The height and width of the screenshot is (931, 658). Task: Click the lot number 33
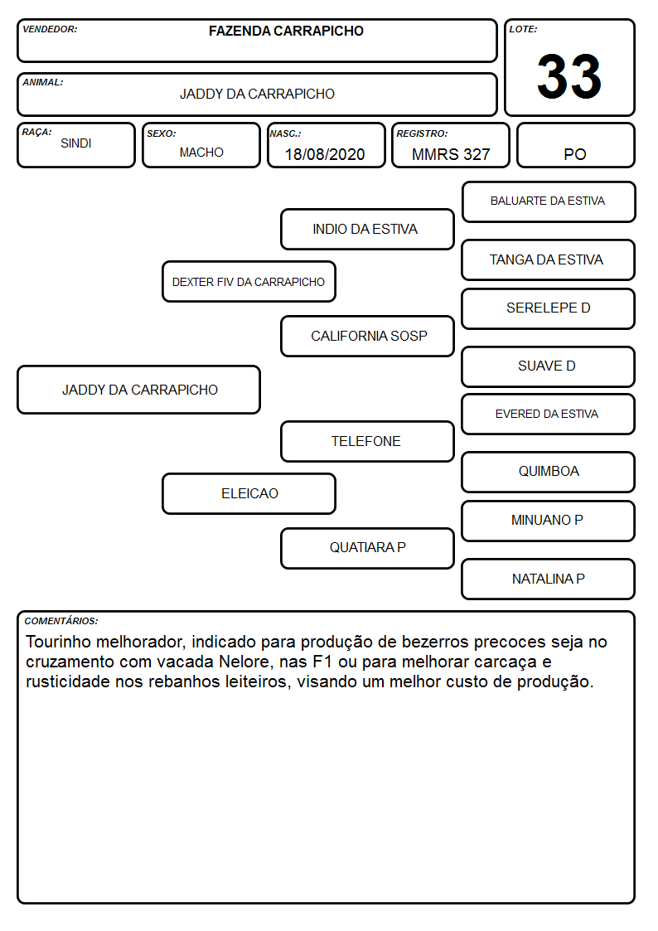click(x=569, y=76)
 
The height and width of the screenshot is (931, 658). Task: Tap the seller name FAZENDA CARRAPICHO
click(x=286, y=31)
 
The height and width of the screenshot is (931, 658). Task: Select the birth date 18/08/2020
click(x=325, y=154)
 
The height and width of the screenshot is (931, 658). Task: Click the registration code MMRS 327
click(x=451, y=154)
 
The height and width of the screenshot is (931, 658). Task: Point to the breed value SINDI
click(x=76, y=143)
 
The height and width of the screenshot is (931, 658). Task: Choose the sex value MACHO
click(x=201, y=152)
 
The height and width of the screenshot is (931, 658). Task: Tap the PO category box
click(x=575, y=145)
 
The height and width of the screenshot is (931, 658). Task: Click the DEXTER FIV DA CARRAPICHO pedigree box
click(x=249, y=281)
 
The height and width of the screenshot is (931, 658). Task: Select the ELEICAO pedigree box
click(x=249, y=493)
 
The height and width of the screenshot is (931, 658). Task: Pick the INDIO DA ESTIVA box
click(x=367, y=229)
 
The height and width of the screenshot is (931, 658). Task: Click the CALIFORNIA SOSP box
click(x=367, y=336)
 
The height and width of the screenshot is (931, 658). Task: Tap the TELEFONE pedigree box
click(x=367, y=441)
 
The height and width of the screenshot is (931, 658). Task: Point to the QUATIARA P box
click(x=367, y=548)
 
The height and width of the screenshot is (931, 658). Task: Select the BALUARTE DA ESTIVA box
click(x=549, y=202)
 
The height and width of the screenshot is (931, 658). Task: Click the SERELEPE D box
click(x=549, y=308)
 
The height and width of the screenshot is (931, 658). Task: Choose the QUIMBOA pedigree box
click(x=549, y=472)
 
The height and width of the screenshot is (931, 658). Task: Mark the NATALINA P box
click(x=549, y=579)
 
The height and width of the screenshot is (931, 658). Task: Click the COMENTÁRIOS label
click(x=61, y=621)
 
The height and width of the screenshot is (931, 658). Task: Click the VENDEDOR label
click(x=50, y=29)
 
